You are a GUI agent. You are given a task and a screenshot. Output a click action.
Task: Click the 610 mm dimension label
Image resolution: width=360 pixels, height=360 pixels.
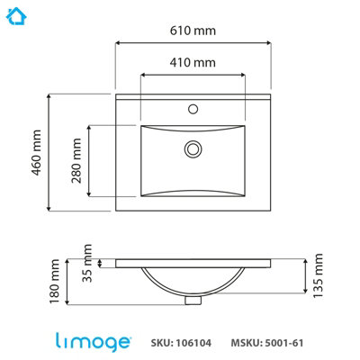click(193, 31)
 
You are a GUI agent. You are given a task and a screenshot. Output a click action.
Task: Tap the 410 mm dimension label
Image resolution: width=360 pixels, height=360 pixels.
click(193, 62)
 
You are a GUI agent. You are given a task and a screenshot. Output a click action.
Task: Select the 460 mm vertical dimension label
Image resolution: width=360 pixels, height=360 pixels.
click(36, 152)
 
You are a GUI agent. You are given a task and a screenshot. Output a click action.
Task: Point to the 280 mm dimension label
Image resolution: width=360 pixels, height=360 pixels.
click(76, 160)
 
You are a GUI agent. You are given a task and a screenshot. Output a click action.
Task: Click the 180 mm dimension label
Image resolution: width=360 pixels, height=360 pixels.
click(55, 282)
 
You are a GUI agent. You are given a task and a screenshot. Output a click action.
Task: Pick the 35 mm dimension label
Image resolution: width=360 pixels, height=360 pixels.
click(87, 263)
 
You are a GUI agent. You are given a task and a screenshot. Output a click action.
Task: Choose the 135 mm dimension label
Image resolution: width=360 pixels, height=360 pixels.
click(318, 275)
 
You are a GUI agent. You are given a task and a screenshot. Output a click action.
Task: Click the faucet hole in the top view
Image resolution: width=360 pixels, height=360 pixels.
click(193, 109)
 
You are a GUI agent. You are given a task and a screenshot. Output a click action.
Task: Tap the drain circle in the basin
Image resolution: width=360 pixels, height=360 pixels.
click(193, 149)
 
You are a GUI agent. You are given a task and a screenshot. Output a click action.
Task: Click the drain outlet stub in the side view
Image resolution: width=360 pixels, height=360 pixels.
click(193, 300)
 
